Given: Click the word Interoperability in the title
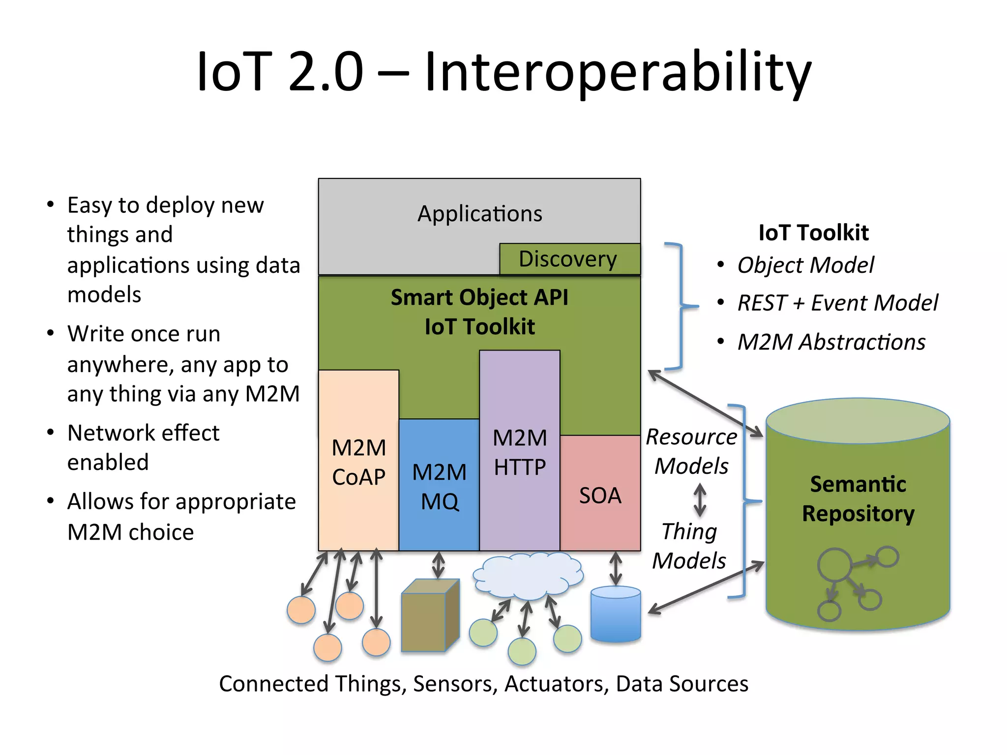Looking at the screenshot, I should pos(617,72).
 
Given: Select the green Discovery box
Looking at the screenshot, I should pos(569,259).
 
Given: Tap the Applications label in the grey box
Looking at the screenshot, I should pos(479,214).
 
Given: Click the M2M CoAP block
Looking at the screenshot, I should pos(358,462).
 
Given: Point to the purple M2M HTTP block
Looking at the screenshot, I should pos(520,452).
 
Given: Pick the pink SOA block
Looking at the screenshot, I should pos(600,494).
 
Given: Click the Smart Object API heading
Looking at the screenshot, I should pos(479,297).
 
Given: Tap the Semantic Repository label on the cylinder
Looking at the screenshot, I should pos(858,499).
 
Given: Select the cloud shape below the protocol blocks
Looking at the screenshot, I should pos(528,574).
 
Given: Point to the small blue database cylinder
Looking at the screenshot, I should pos(616,614).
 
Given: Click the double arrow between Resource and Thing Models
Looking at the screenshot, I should pos(700,500).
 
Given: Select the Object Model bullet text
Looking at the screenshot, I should pos(805,265).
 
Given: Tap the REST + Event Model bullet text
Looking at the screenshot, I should pos(837,303).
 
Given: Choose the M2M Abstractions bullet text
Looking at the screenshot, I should pos(831,342).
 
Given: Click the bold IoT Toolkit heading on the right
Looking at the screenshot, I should pos(813,232).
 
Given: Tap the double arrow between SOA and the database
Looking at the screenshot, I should pos(616,569).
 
